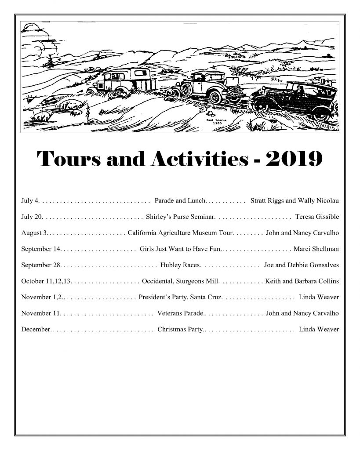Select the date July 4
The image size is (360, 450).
(30, 201)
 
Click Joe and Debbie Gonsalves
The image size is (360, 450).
(302, 265)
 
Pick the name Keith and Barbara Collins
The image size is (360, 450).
(302, 281)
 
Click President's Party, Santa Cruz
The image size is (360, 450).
(180, 298)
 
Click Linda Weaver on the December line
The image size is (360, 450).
(319, 330)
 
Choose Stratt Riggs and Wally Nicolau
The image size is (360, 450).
(295, 201)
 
